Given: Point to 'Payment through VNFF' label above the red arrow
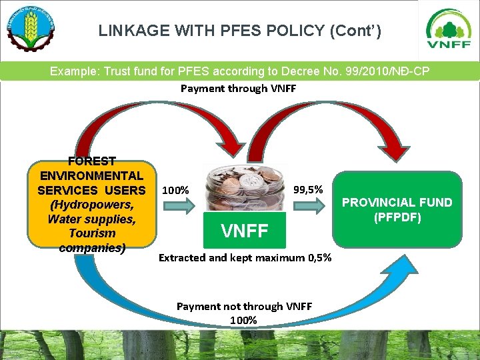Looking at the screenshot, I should point(238,88).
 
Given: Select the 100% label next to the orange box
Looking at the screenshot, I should point(175,190).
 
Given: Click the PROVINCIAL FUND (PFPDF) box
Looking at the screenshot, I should point(397,209).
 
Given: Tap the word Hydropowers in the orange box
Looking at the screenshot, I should point(91,204).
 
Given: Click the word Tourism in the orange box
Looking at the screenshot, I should point(91,233).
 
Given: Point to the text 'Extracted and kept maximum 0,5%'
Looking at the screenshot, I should point(245,257).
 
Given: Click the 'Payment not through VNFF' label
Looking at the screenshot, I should point(244,306).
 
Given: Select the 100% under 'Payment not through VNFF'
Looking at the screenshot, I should point(243,320).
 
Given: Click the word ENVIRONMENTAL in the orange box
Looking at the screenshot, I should point(91,175).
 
